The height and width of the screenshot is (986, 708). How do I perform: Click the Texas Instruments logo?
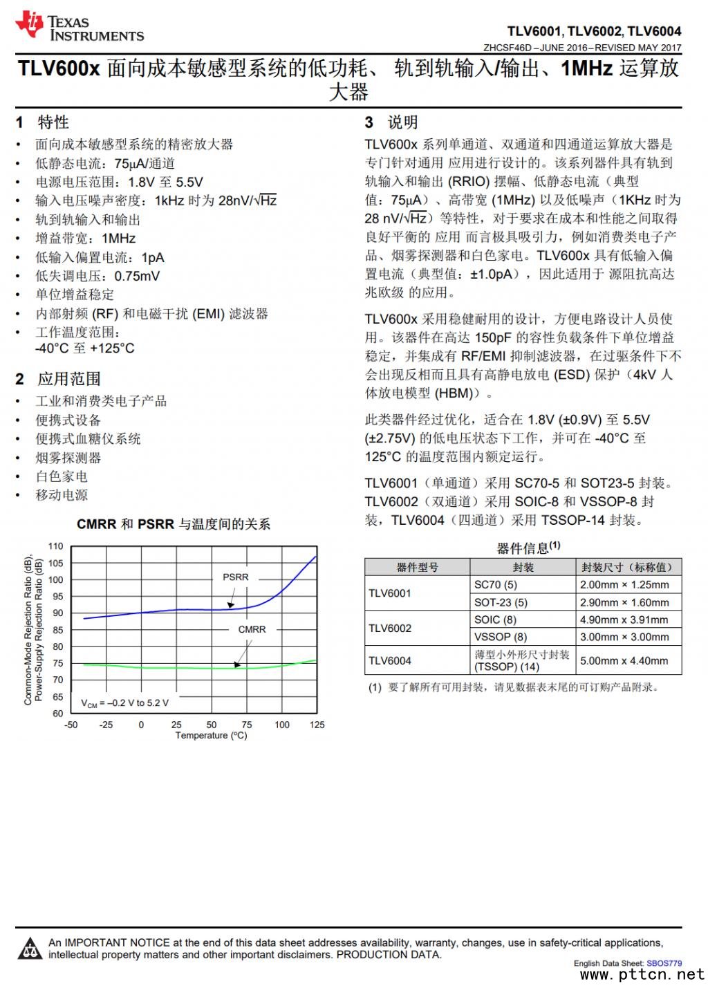(x=80, y=26)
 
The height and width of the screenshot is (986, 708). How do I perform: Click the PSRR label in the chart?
(x=235, y=577)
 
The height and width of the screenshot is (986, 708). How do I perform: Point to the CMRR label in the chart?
(x=252, y=629)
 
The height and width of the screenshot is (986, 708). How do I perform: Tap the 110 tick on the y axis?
(x=56, y=546)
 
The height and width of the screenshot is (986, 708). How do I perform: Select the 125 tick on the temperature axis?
(x=317, y=725)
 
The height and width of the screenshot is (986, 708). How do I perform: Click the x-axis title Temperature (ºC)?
(x=211, y=736)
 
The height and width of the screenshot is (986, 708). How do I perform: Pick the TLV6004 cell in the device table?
(x=390, y=660)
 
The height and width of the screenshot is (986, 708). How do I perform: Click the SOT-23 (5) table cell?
(x=501, y=602)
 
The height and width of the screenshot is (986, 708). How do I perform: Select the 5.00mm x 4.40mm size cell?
(x=624, y=660)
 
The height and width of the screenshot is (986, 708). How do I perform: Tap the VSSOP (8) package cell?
(x=500, y=637)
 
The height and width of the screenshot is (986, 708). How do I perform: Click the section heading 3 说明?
(x=391, y=122)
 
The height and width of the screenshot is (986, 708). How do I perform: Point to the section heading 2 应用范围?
(x=59, y=379)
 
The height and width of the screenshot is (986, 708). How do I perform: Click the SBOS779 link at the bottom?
(x=664, y=963)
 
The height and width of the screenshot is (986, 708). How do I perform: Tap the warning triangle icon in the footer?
(x=29, y=949)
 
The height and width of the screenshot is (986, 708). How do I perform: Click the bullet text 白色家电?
(x=62, y=476)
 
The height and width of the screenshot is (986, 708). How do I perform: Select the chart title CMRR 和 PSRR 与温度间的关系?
(x=174, y=524)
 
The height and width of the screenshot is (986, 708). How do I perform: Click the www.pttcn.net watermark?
(x=642, y=975)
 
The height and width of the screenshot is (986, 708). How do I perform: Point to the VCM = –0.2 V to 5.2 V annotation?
(x=124, y=703)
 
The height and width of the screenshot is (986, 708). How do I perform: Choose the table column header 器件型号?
(x=417, y=567)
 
